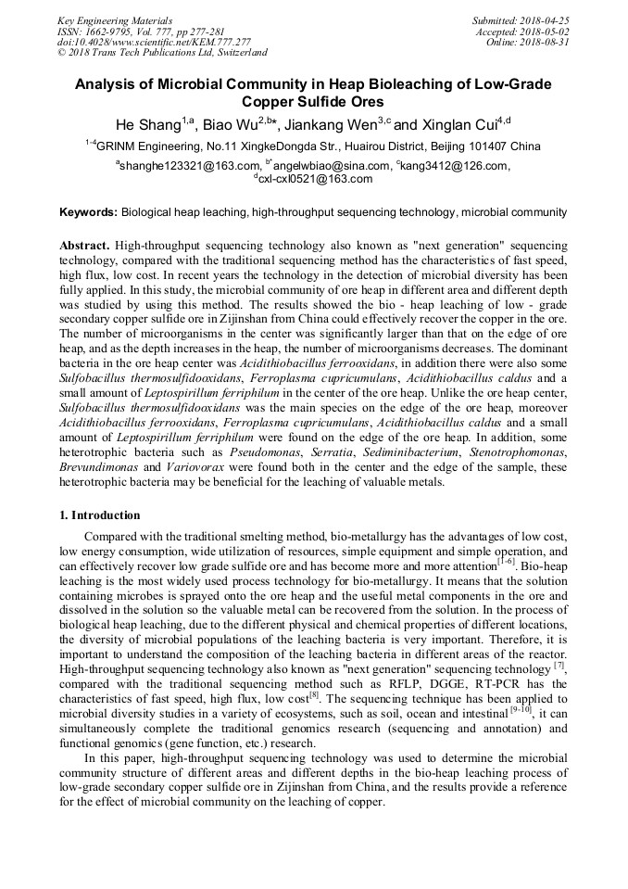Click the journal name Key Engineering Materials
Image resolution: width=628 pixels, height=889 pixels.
117,20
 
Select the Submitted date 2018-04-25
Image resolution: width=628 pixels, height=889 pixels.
546,20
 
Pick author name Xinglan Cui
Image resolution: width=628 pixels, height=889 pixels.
455,125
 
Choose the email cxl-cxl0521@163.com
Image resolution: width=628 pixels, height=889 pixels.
316,179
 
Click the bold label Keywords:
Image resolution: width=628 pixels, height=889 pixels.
88,212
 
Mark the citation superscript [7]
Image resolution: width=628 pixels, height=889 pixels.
559,667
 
